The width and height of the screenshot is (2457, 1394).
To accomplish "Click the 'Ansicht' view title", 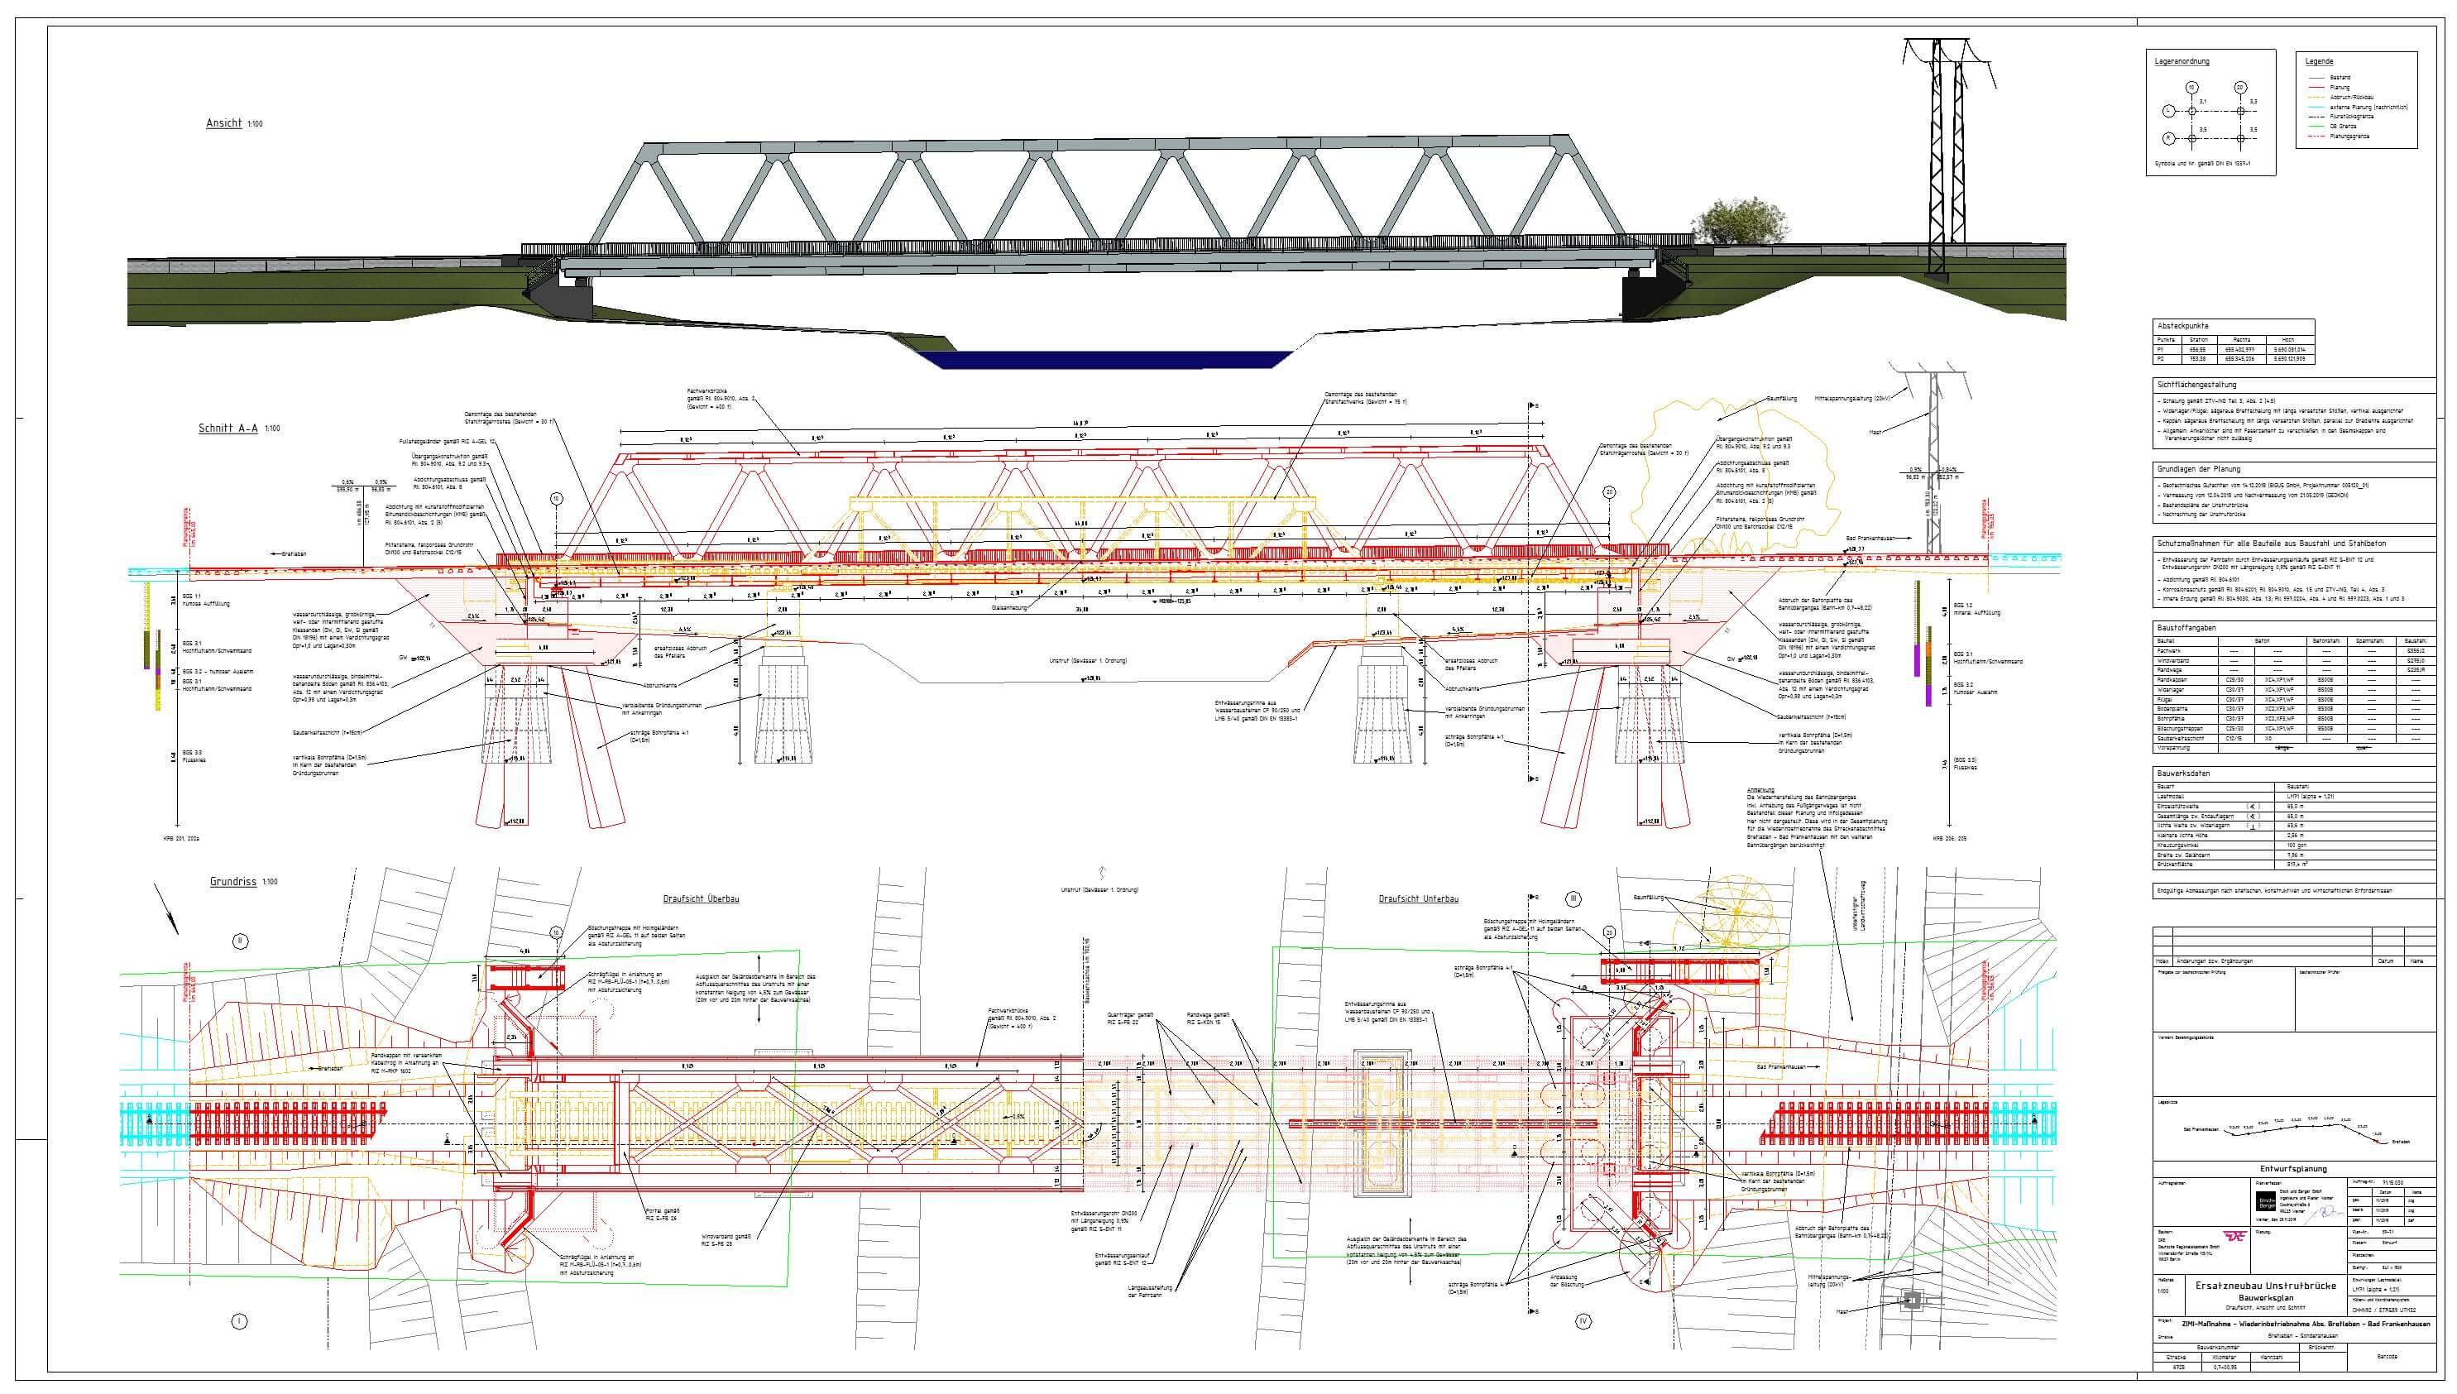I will tap(224, 123).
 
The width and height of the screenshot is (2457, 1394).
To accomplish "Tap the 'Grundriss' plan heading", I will tap(233, 881).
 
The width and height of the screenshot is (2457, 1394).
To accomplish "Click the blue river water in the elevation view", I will tap(1102, 359).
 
